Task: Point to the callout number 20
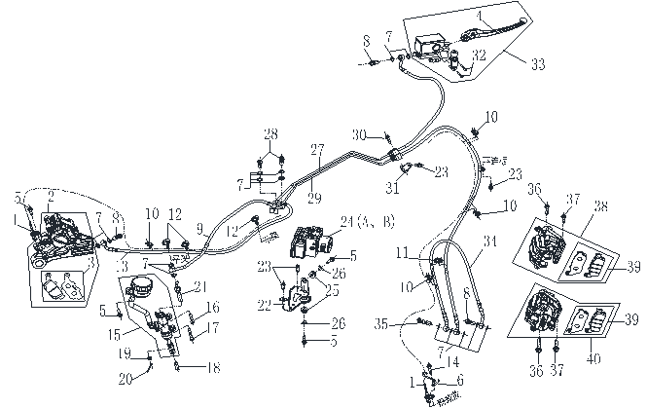124,379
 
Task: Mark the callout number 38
600,205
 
